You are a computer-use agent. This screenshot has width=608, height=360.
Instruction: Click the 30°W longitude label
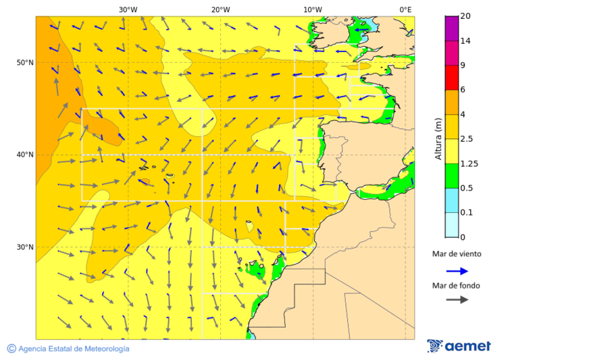point(128,9)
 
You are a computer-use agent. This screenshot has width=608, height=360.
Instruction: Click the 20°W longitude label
point(220,9)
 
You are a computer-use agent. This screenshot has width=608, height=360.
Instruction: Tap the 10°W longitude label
point(312,9)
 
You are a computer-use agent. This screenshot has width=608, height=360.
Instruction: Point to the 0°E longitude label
point(405,9)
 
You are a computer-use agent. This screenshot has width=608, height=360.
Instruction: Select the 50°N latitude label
point(25,63)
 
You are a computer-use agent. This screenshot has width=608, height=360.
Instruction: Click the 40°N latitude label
point(25,155)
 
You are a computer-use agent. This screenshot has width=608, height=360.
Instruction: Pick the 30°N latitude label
point(25,247)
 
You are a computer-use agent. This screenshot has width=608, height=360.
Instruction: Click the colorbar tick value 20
point(465,16)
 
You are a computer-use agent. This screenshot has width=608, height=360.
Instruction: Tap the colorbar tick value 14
point(465,41)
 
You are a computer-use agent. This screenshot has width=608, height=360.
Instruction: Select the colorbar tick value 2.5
point(466,139)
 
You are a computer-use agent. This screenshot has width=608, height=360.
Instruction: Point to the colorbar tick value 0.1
point(466,213)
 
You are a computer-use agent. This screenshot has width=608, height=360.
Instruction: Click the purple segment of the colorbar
point(452,28)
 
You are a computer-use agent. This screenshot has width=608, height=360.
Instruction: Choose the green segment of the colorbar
point(452,176)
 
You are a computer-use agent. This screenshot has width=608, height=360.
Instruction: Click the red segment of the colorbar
point(452,78)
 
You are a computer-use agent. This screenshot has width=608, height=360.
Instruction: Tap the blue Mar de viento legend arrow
point(457,271)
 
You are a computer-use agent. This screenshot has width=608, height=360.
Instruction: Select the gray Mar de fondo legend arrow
point(457,299)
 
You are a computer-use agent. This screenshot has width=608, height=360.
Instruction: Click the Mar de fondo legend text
point(457,286)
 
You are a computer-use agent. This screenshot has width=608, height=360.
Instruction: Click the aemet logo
point(459,346)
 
